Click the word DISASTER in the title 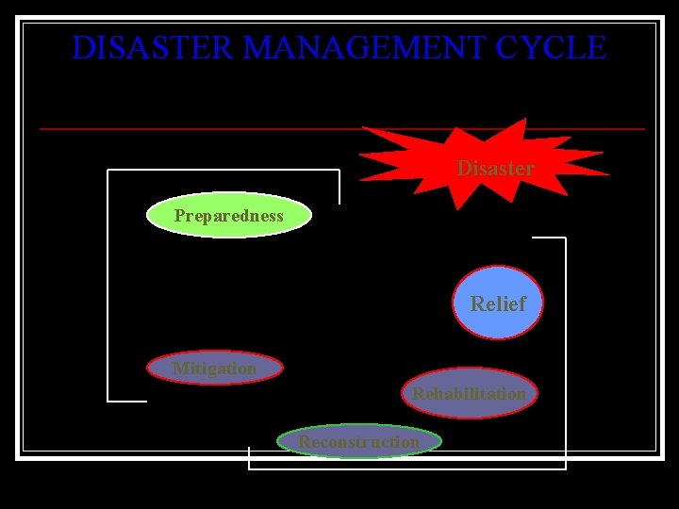click(141, 47)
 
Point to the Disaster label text click(495, 169)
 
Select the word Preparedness click(228, 216)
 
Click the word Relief click(498, 304)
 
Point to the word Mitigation click(215, 369)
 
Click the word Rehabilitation click(469, 393)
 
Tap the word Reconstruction click(359, 441)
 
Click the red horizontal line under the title click(189, 128)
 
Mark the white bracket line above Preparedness click(223, 171)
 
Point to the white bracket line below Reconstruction click(406, 468)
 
